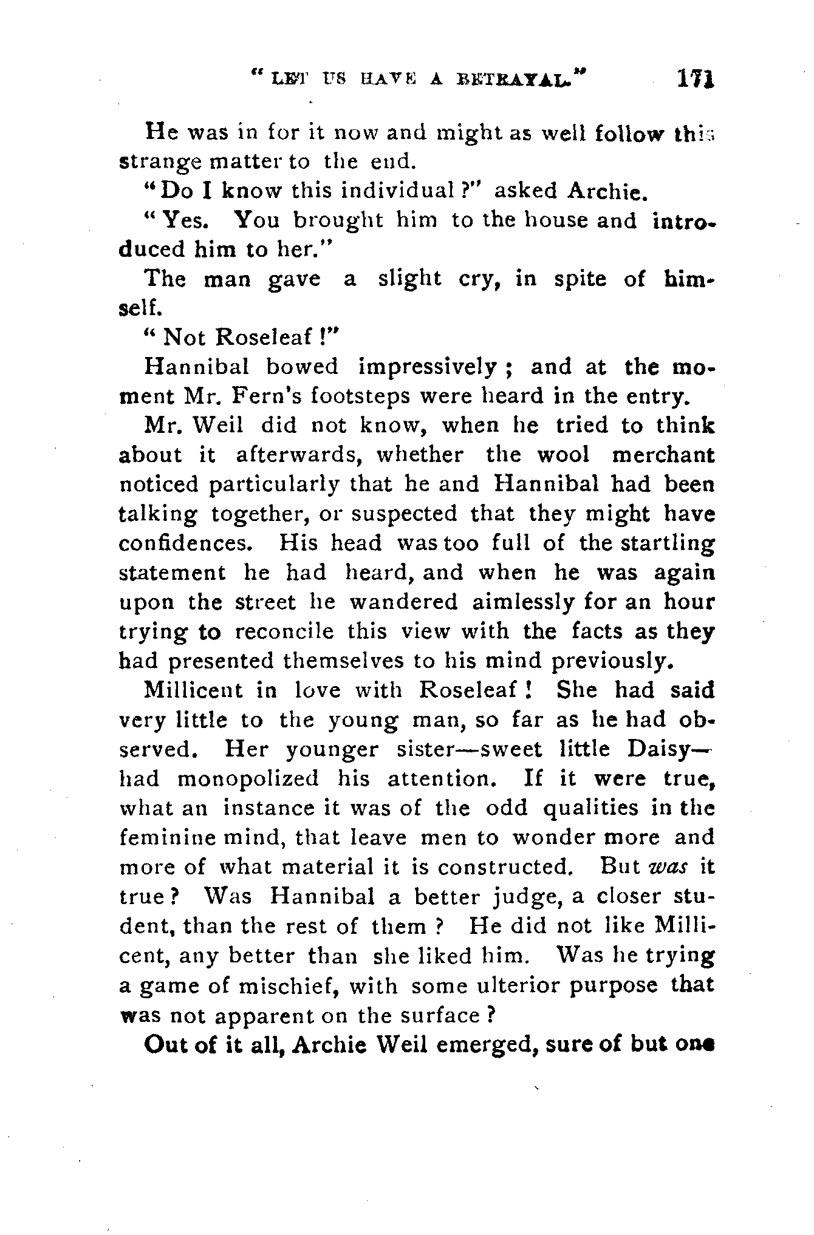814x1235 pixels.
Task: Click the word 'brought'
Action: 338,220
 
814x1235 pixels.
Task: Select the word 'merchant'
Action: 663,455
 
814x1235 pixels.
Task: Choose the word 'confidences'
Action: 185,542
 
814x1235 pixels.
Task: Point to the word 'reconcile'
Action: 284,631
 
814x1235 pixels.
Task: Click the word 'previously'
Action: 614,661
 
